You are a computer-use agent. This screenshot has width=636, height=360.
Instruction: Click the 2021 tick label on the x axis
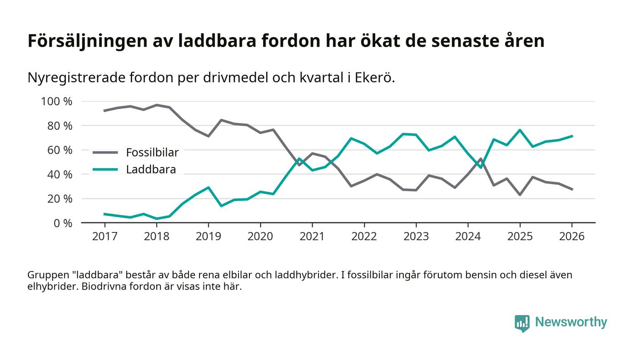pos(312,237)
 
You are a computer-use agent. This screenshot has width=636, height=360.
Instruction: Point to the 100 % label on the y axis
pos(57,101)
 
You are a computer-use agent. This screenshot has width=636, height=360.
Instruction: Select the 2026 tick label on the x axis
pos(571,237)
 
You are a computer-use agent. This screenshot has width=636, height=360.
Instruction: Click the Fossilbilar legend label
pos(152,153)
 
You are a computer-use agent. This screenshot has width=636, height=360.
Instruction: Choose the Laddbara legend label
pos(151,170)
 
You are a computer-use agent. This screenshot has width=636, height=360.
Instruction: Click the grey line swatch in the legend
pos(105,153)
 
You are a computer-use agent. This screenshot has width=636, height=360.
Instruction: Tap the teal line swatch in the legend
pos(105,170)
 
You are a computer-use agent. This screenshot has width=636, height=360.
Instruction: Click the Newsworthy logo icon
pos(522,323)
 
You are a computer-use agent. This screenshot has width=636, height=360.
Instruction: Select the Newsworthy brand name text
pos(571,322)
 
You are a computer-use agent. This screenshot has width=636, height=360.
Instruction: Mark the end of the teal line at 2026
pos(572,136)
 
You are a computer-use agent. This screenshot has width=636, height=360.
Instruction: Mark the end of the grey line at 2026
pos(572,189)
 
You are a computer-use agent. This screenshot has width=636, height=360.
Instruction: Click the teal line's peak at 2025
pos(520,130)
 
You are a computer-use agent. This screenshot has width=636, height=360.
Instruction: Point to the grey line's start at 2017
pos(104,110)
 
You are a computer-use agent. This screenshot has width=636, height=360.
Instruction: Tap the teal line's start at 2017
pos(104,214)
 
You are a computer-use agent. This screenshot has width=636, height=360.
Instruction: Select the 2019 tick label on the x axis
pos(208,237)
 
